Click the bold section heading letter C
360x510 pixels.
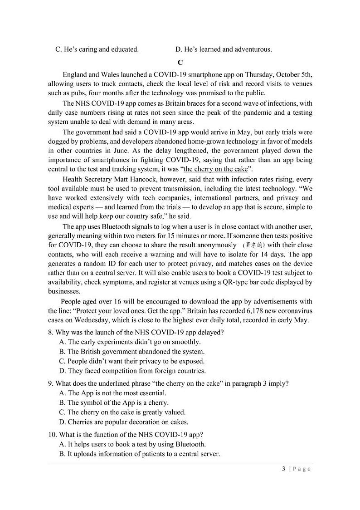180,63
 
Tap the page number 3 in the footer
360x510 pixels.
283,469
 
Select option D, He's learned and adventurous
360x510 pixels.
223,49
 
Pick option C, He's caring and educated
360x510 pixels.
97,49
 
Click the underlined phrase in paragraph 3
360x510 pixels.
216,169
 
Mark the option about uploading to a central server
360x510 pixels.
140,454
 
